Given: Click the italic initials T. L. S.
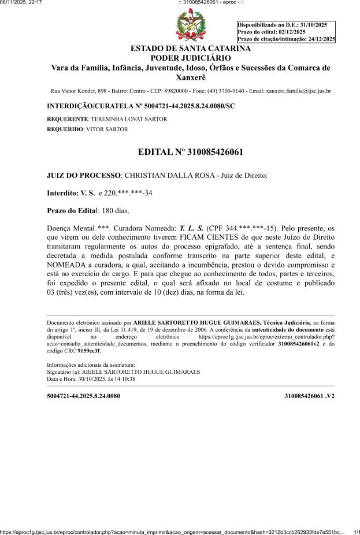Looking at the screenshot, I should click(x=192, y=228).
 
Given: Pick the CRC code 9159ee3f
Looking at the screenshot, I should click(x=88, y=351).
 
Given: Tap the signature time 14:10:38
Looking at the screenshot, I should click(x=123, y=379).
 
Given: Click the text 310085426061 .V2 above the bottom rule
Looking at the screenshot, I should click(x=310, y=396).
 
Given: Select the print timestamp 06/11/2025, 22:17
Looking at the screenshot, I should click(x=21, y=3).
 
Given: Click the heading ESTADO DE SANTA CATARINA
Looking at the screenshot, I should click(x=191, y=48).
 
